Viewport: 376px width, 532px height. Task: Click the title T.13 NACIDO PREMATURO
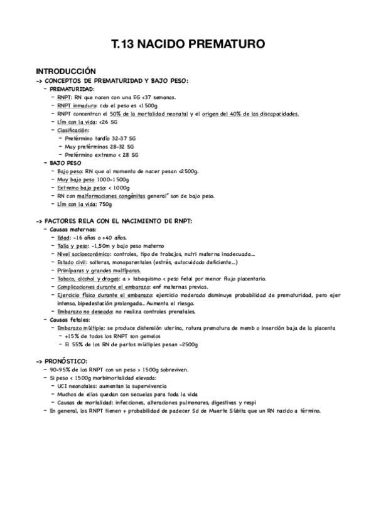click(x=188, y=45)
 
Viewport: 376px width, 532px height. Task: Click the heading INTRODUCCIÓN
click(x=66, y=72)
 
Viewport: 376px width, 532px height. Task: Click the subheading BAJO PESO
click(x=65, y=162)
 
